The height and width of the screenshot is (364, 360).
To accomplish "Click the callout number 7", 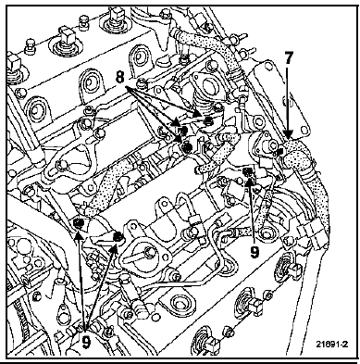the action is coord(288,57).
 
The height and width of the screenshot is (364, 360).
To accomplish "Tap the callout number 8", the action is coord(119,77).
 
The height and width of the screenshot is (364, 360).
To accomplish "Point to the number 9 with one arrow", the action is coord(254,253).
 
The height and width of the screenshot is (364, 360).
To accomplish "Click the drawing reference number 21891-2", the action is coord(331,344).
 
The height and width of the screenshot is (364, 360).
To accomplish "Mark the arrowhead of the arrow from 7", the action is coord(288,134).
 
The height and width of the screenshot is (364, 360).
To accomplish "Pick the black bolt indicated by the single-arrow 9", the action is coord(248,171).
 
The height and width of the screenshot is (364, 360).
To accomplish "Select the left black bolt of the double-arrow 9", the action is coord(79,223).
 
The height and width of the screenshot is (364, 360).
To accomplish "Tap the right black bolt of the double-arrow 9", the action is coord(118,237).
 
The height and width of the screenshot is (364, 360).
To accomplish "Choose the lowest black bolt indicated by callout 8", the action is coord(186,147).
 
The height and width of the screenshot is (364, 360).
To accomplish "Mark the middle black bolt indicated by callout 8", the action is coord(183,131).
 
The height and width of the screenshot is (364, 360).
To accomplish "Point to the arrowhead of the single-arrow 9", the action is coord(250,180).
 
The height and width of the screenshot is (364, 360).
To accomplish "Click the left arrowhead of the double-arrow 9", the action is coord(79,234).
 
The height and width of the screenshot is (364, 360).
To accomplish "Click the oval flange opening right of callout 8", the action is coord(205,83).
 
